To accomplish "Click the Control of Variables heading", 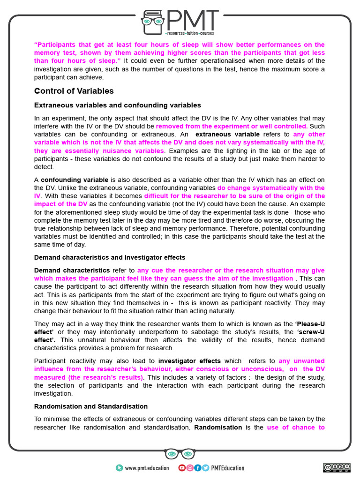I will click(74, 91).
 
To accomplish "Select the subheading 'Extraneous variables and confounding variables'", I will click(117, 105).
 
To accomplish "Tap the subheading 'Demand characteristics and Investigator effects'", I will click(109, 257).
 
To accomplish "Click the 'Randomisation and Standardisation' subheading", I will click(90, 406).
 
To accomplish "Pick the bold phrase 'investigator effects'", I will click(189, 361).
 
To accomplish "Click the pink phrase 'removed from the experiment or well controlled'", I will click(232, 127).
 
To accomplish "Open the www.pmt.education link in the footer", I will click(143, 468).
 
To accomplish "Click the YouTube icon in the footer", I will click(182, 468).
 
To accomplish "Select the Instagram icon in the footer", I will click(190, 468).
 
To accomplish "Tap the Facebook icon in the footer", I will click(197, 468).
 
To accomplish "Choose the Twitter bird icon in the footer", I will click(205, 468).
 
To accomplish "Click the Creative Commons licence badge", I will click(336, 467).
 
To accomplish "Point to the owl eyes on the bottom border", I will click(180, 454).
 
